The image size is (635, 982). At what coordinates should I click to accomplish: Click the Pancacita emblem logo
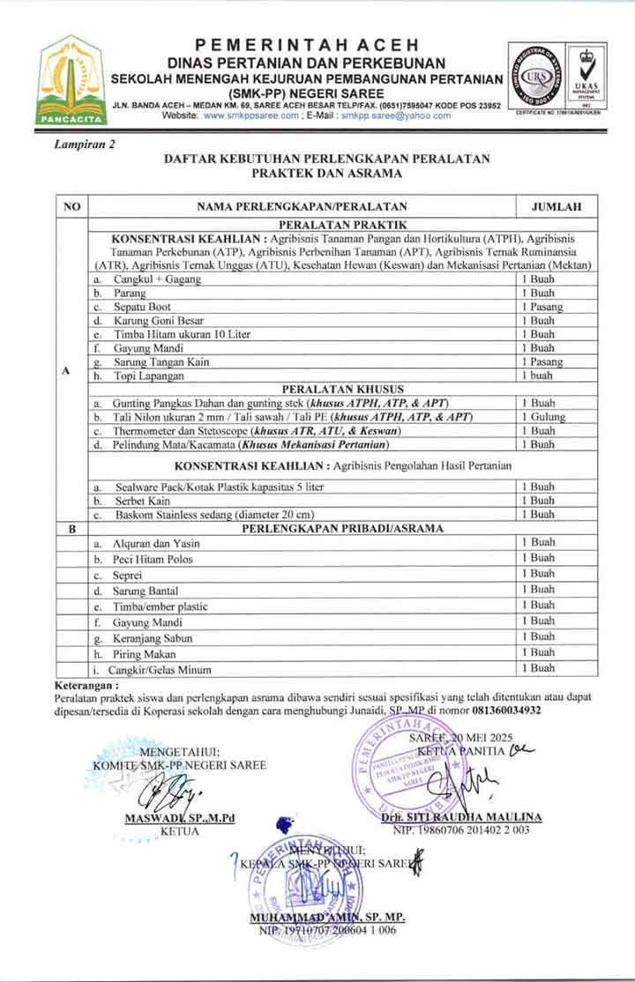(68, 80)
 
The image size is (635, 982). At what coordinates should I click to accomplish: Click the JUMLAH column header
(556, 207)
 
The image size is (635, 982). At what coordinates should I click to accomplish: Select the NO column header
(72, 207)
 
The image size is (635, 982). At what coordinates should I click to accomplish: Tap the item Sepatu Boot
(141, 307)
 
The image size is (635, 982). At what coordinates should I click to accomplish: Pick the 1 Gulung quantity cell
(541, 417)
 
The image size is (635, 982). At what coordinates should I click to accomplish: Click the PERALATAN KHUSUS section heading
(343, 389)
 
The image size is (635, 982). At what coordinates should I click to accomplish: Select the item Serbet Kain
(141, 501)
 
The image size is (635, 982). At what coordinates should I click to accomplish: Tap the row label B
(72, 529)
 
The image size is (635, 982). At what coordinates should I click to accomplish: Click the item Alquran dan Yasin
(156, 543)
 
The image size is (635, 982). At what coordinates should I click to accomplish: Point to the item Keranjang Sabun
(153, 638)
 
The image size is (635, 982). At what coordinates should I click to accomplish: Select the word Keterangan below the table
(85, 685)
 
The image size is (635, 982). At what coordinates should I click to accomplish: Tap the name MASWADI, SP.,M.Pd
(180, 818)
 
